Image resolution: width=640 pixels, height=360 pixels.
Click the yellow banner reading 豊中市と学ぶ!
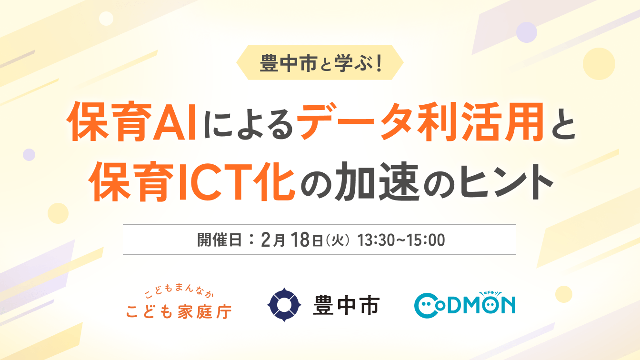[320, 62]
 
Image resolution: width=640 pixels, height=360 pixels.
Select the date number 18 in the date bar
[300, 240]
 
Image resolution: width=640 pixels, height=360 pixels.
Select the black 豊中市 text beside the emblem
[346, 305]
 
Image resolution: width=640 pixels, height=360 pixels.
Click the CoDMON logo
[465, 304]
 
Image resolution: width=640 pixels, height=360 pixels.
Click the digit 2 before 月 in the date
[266, 240]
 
